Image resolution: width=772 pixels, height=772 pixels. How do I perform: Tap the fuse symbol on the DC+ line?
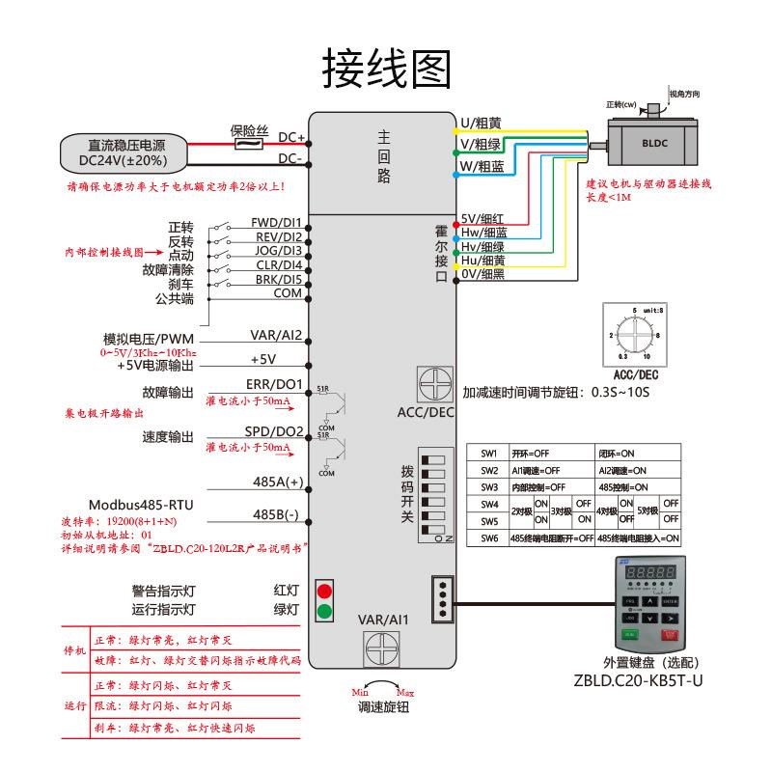pyautogui.click(x=249, y=144)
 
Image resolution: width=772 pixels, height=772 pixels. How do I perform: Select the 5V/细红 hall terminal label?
pyautogui.click(x=483, y=219)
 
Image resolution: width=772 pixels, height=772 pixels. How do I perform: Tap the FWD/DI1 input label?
pyautogui.click(x=276, y=222)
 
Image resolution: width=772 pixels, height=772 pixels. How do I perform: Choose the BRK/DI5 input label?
pyautogui.click(x=278, y=279)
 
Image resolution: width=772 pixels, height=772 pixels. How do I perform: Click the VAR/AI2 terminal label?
pyautogui.click(x=277, y=336)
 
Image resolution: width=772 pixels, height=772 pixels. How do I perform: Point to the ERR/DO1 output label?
pyautogui.click(x=277, y=384)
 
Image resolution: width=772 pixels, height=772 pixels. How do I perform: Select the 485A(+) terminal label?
pyautogui.click(x=278, y=482)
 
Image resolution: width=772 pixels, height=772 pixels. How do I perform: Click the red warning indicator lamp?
pyautogui.click(x=325, y=591)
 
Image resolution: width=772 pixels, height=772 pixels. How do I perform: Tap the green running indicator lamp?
pyautogui.click(x=325, y=610)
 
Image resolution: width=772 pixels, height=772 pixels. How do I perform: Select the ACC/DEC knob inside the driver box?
pyautogui.click(x=434, y=384)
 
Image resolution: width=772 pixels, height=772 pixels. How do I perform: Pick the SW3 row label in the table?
pyautogui.click(x=489, y=487)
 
